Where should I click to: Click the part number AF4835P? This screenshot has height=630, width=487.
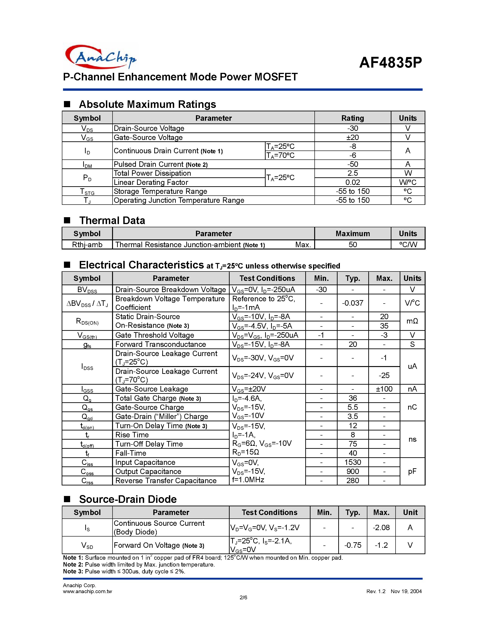pyautogui.click(x=390, y=62)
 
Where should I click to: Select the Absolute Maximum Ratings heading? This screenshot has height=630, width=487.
pyautogui.click(x=147, y=104)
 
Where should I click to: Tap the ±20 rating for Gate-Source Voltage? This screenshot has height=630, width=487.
pyautogui.click(x=352, y=137)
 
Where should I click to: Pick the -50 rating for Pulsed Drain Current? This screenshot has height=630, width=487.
pyautogui.click(x=352, y=164)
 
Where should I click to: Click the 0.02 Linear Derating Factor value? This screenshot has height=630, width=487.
pyautogui.click(x=352, y=182)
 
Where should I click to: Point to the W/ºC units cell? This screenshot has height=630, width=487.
pyautogui.click(x=408, y=182)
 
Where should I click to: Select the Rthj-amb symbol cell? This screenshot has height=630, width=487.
pyautogui.click(x=87, y=245)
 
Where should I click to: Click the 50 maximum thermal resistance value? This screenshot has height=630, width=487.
pyautogui.click(x=352, y=245)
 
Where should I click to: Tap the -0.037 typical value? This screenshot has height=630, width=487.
pyautogui.click(x=352, y=303)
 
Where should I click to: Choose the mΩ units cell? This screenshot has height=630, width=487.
pyautogui.click(x=412, y=321)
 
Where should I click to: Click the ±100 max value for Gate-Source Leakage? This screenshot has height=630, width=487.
pyautogui.click(x=384, y=389)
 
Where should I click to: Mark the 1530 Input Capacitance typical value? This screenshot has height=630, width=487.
pyautogui.click(x=352, y=462)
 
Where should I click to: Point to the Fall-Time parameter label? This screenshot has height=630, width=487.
pyautogui.click(x=131, y=453)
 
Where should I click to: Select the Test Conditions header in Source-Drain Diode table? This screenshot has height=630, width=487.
pyautogui.click(x=270, y=512)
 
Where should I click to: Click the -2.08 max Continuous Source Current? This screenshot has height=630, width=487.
pyautogui.click(x=381, y=528)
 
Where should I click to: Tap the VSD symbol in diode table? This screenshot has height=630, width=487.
pyautogui.click(x=87, y=545)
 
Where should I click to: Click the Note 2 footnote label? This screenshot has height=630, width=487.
pyautogui.click(x=73, y=564)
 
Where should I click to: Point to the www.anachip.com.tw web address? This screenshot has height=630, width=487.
pyautogui.click(x=87, y=591)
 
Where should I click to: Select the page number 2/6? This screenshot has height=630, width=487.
pyautogui.click(x=243, y=597)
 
